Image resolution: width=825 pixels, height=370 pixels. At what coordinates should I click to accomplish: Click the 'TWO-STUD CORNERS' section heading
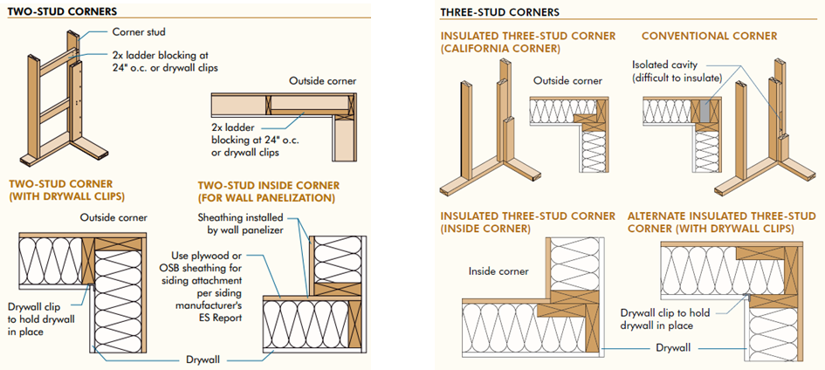click(62, 10)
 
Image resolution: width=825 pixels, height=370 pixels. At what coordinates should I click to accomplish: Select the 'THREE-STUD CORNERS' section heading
click(500, 11)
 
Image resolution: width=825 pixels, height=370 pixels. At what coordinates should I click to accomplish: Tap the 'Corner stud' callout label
click(139, 32)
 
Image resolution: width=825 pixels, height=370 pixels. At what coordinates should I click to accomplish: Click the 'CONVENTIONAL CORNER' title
click(709, 37)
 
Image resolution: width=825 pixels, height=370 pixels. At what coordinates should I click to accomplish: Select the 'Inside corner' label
click(498, 271)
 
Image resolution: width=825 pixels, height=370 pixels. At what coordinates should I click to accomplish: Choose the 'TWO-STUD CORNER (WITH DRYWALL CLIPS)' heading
click(60, 190)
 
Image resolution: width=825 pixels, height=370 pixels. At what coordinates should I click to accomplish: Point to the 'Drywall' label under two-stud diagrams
click(203, 360)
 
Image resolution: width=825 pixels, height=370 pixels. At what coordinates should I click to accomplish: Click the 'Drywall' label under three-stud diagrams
click(673, 348)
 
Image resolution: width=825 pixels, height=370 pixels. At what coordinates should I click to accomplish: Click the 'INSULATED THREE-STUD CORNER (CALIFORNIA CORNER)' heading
click(527, 42)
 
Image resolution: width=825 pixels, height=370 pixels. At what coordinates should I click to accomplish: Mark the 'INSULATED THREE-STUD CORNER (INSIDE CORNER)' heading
click(527, 223)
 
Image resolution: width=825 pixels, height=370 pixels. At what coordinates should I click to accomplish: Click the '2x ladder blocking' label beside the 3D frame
click(165, 61)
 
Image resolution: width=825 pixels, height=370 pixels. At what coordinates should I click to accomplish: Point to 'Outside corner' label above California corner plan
click(567, 81)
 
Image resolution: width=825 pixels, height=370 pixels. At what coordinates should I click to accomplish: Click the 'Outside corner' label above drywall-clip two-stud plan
click(113, 217)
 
